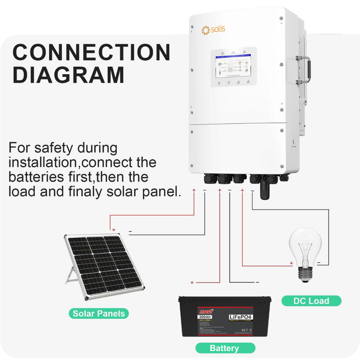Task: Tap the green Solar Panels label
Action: [x=99, y=313]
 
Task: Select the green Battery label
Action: [x=224, y=348]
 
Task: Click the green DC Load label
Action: [x=311, y=301]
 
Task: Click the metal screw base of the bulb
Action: [x=306, y=273]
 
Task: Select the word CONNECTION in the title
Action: [x=91, y=52]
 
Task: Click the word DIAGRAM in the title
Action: [x=69, y=75]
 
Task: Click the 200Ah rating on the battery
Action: [x=205, y=317]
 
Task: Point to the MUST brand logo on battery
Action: [x=205, y=311]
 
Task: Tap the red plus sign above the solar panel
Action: [x=114, y=230]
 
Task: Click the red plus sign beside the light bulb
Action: [x=291, y=263]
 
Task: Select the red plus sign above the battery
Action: [x=192, y=282]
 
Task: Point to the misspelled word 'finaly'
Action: [x=87, y=191]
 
